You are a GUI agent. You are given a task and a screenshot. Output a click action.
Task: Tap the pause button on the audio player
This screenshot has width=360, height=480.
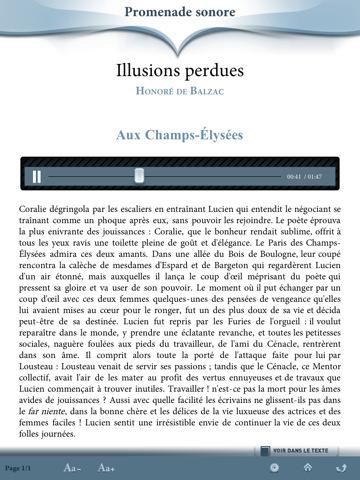pyautogui.click(x=36, y=176)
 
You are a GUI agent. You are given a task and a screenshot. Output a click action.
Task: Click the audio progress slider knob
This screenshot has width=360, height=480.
pyautogui.click(x=140, y=176)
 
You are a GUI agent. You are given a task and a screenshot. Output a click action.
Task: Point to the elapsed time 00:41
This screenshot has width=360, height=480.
pyautogui.click(x=293, y=177)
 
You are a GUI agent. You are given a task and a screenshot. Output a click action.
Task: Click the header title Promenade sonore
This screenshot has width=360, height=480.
pyautogui.click(x=180, y=13)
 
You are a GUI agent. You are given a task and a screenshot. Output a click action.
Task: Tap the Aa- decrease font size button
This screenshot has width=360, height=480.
pyautogui.click(x=72, y=467)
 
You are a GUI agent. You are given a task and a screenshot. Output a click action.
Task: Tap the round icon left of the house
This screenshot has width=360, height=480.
pyautogui.click(x=275, y=467)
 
